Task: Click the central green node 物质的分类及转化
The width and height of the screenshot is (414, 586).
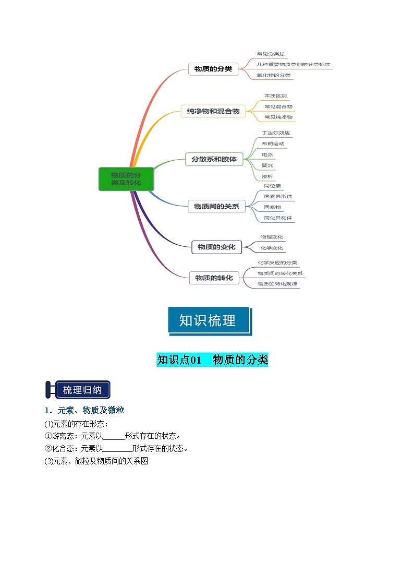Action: (126, 178)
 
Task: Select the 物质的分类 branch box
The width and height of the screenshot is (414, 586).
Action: (213, 69)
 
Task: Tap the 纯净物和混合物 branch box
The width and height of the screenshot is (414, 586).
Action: (213, 111)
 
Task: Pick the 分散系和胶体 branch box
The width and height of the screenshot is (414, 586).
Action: (214, 159)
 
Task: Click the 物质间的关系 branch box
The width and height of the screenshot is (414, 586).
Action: (216, 206)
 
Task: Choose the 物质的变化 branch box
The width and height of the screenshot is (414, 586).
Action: (216, 247)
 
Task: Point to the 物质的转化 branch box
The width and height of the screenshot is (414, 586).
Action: (214, 278)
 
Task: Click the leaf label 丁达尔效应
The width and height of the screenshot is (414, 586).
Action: (275, 133)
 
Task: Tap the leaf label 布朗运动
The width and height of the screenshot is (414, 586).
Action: (273, 143)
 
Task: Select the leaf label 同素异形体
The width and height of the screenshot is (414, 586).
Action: (278, 197)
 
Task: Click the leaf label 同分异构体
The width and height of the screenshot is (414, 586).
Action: (278, 218)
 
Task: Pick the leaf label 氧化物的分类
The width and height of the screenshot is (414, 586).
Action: (274, 75)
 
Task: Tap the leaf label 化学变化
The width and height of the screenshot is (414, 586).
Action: (272, 248)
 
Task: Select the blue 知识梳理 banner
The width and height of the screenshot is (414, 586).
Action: (209, 320)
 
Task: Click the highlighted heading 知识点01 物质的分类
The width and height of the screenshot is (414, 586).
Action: (212, 360)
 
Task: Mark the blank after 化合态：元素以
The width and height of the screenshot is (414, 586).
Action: (118, 448)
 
